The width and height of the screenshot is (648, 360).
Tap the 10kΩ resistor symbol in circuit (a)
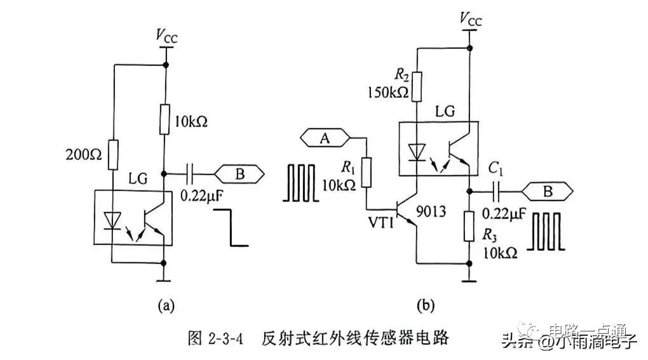165,120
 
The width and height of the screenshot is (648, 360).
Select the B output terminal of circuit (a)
240,173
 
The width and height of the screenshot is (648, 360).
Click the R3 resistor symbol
469,227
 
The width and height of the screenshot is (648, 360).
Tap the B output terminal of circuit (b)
547,189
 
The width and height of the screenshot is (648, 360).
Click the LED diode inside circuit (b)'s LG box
416,152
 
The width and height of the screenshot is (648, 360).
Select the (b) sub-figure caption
425,306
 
